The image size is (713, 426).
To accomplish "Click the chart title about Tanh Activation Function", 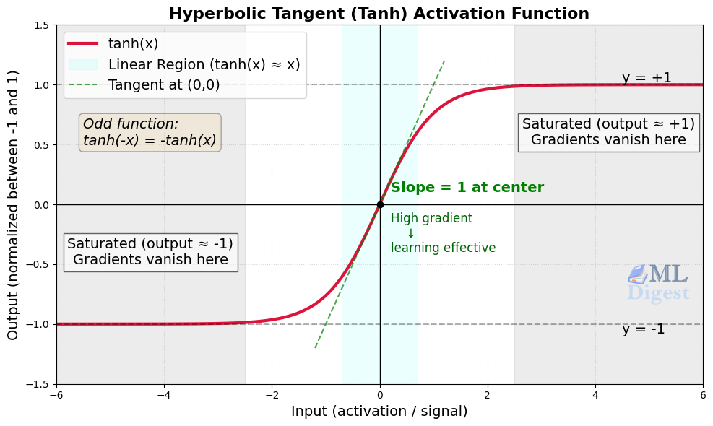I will (x=379, y=14).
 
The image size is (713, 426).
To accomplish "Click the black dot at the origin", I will (x=380, y=204).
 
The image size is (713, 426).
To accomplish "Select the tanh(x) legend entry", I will (x=133, y=43).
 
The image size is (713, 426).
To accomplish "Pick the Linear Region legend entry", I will (x=204, y=64).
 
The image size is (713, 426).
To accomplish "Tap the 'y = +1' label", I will (x=647, y=78).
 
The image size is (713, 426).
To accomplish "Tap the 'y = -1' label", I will (x=643, y=329).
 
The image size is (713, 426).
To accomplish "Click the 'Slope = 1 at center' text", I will (x=467, y=188).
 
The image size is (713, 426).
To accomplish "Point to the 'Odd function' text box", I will (x=150, y=132).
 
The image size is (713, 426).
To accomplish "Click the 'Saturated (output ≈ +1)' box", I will (x=608, y=131).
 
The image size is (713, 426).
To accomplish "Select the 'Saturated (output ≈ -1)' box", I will (x=150, y=251).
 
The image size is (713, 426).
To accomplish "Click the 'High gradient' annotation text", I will (x=431, y=219).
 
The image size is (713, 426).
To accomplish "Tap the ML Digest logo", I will (x=657, y=282).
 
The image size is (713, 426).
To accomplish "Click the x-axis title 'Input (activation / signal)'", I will (x=379, y=412).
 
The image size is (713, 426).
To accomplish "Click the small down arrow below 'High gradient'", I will (x=410, y=233).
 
